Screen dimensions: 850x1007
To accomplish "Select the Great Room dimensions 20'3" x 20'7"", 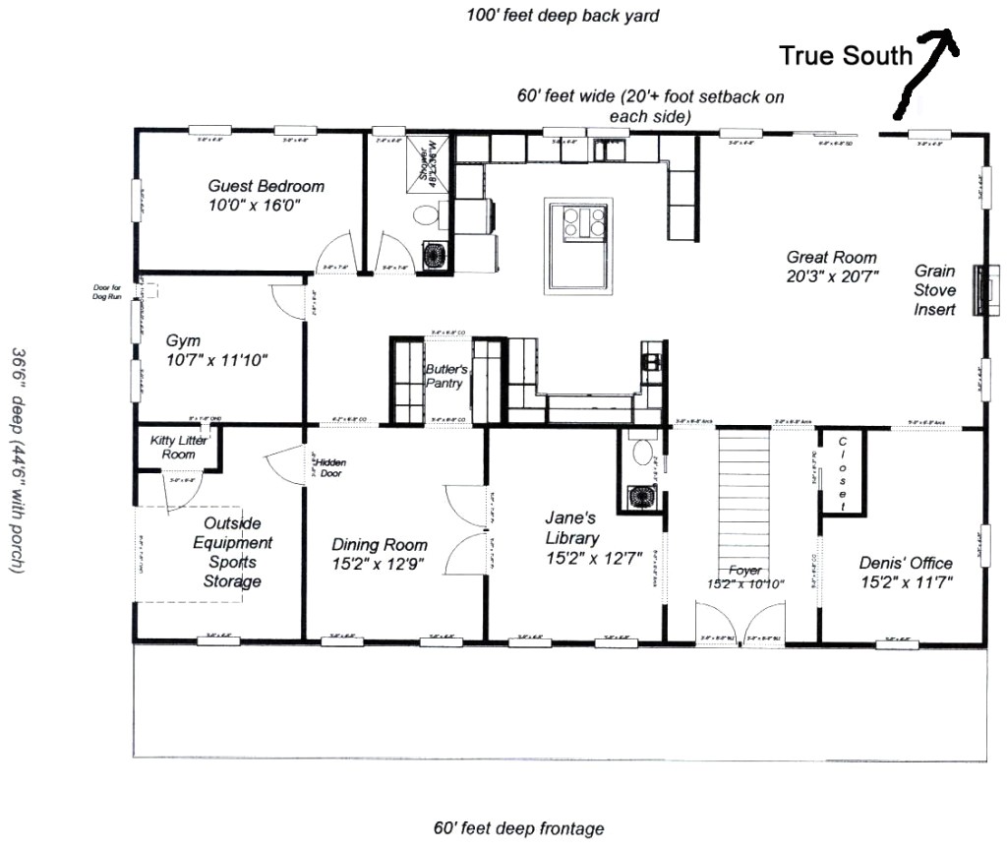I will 832,276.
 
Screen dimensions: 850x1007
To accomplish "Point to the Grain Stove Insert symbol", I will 980,290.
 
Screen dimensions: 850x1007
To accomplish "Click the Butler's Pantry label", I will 444,377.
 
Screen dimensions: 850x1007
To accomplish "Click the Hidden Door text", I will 329,467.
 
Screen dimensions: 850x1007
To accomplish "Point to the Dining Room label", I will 379,554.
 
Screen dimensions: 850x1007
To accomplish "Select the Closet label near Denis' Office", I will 844,473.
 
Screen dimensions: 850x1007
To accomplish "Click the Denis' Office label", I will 905,572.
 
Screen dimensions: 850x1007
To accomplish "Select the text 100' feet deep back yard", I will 563,16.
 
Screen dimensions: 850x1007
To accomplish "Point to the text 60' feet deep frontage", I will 518,828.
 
